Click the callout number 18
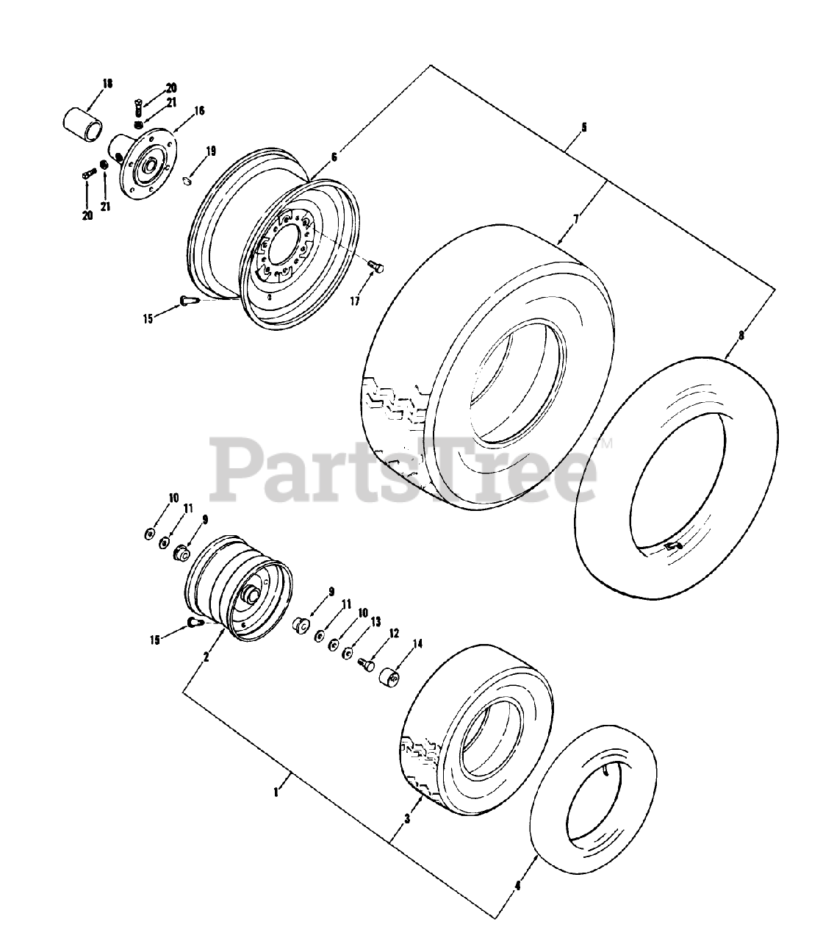pos(107,85)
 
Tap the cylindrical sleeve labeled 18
pos(82,125)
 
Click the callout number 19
pos(211,151)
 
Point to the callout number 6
pos(334,157)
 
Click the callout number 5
pos(583,127)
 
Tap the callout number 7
pos(576,219)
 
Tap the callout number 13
pos(375,622)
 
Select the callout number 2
pos(206,656)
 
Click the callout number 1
pos(276,792)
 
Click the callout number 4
pos(517,886)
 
